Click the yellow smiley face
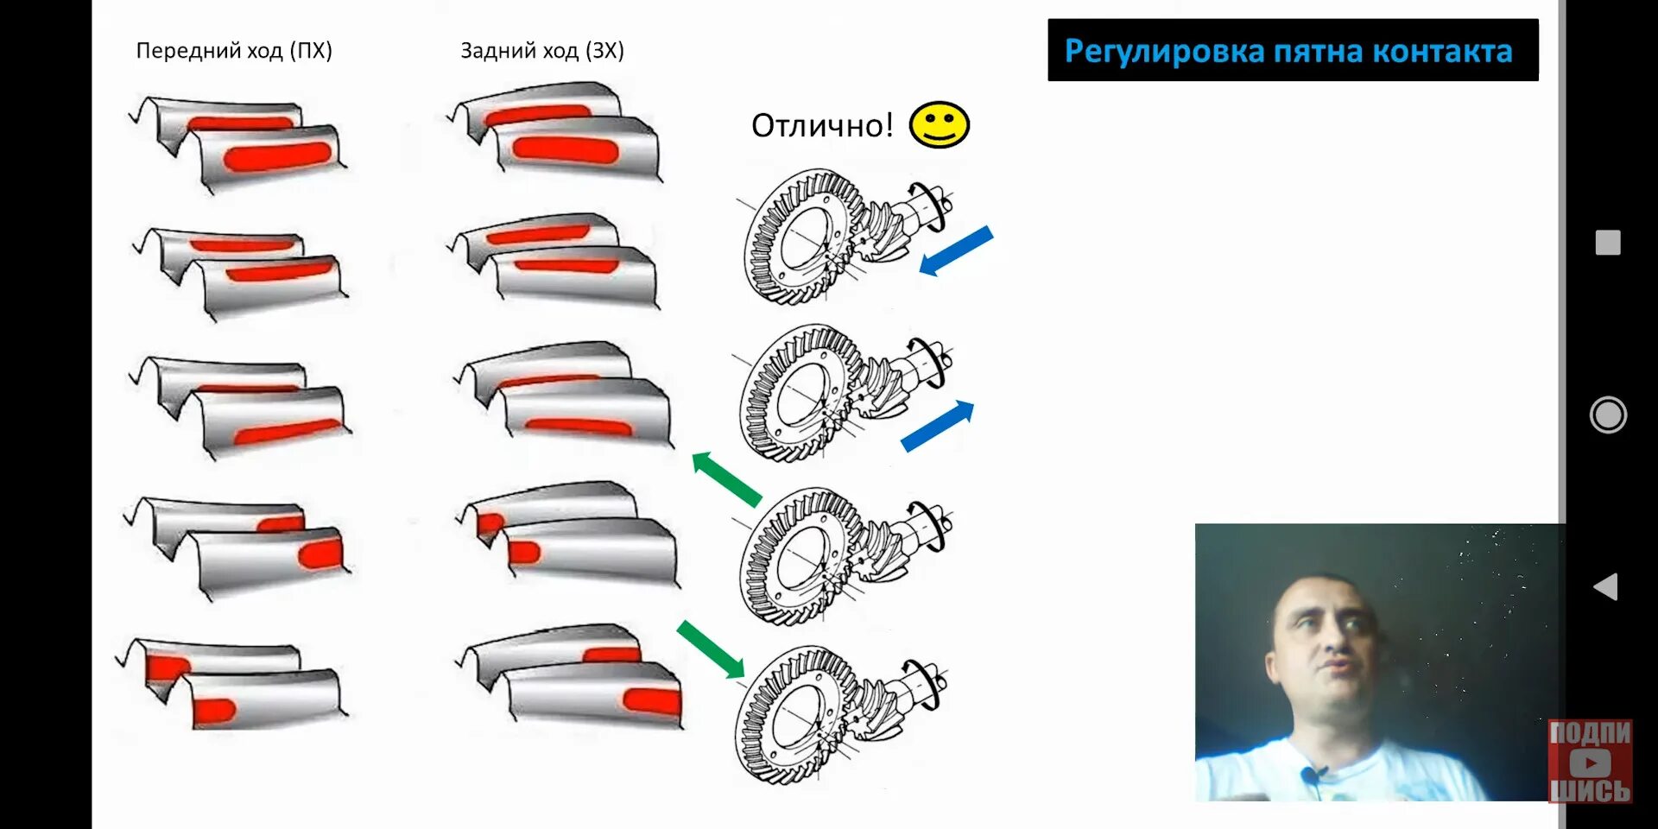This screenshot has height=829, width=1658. tap(939, 125)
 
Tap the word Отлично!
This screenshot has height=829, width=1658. tap(821, 126)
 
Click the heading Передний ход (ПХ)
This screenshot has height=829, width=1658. tap(234, 50)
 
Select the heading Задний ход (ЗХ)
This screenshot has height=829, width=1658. tap(541, 50)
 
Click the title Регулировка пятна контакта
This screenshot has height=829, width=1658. tap(1288, 51)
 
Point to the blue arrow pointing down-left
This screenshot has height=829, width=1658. tap(956, 250)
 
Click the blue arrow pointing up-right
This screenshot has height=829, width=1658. tap(938, 426)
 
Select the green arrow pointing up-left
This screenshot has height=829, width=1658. tap(726, 478)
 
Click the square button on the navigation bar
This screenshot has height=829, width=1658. tap(1607, 243)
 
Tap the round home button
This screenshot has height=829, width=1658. tap(1607, 415)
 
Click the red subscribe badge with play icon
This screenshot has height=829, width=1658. tap(1589, 762)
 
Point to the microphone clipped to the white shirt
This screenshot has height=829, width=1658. tap(1313, 775)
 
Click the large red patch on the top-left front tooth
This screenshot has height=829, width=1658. tap(277, 157)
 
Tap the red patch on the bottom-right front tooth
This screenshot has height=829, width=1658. tap(652, 700)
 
